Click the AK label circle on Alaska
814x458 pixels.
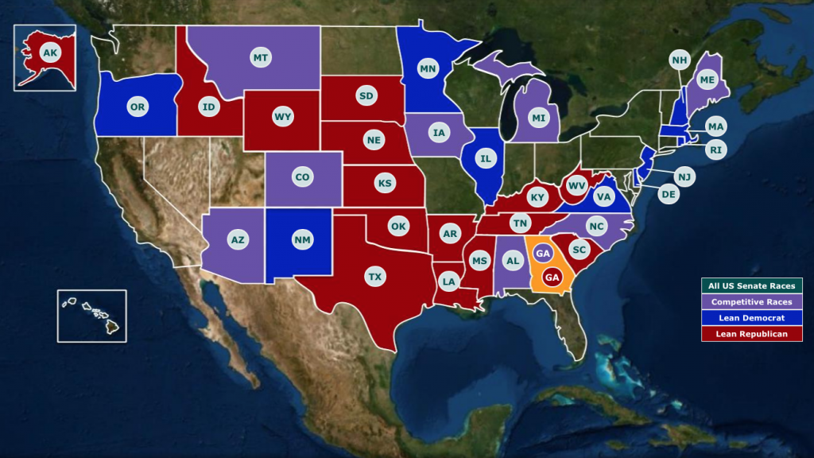point(50,53)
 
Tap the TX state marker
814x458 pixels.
point(374,277)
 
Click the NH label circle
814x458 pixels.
point(679,60)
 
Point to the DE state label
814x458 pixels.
point(669,193)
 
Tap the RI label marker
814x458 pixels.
point(716,149)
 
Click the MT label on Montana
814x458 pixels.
point(260,58)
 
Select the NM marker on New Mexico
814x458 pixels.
point(302,239)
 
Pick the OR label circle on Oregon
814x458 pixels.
point(137,106)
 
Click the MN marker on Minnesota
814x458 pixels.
point(428,69)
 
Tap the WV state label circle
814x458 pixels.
point(576,187)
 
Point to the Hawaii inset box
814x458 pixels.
point(91,316)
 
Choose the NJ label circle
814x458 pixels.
point(684,176)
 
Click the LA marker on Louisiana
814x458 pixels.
point(449,281)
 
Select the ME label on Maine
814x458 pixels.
point(706,80)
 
